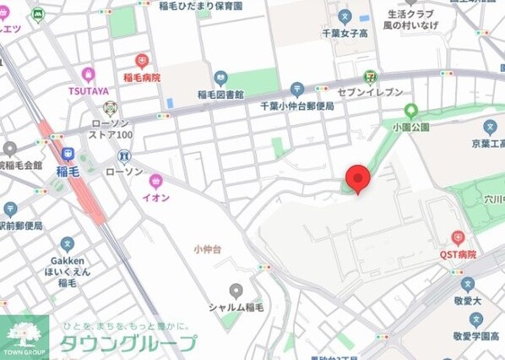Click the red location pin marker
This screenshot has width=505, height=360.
pos(358,178)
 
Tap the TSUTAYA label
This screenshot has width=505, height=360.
pos(88,90)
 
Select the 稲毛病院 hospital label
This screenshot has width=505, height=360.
pos(141,77)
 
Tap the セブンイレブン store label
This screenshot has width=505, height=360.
pos(370,91)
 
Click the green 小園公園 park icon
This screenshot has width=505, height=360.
pos(411,110)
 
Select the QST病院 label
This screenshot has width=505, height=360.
pos(458,254)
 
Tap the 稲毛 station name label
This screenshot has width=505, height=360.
pos(68,170)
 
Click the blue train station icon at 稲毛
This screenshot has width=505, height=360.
pos(68,155)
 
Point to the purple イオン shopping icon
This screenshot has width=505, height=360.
pos(155,181)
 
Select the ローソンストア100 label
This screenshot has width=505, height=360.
pos(111,128)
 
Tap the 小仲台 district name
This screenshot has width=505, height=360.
pos(207,248)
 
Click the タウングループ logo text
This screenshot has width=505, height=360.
pos(127,343)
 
